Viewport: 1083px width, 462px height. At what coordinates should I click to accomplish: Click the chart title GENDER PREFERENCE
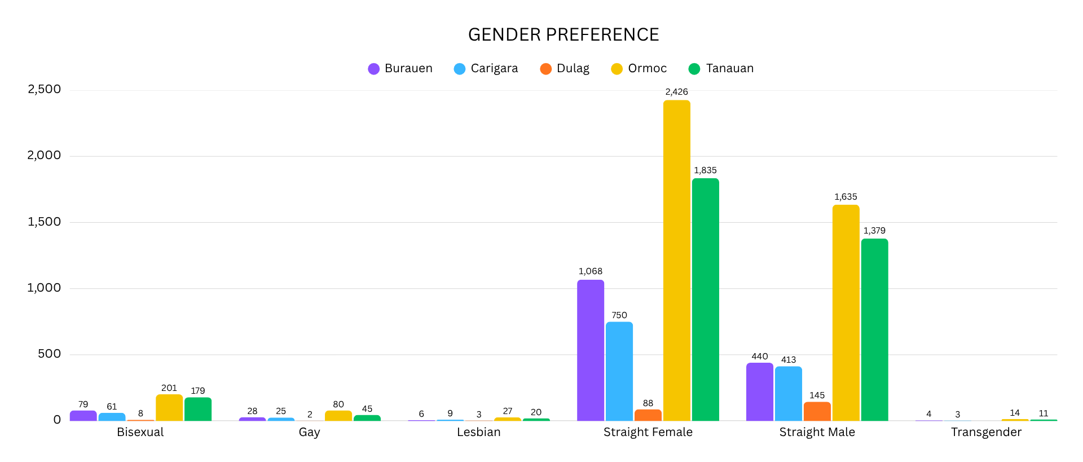pyautogui.click(x=563, y=35)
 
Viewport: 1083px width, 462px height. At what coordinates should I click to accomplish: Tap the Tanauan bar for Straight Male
pyautogui.click(x=874, y=329)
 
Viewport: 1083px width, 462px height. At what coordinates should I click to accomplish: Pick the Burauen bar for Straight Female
pyautogui.click(x=591, y=350)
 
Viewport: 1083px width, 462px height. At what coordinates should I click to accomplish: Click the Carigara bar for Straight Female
pyautogui.click(x=619, y=371)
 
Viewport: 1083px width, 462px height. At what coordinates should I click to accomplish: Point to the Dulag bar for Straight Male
pyautogui.click(x=817, y=411)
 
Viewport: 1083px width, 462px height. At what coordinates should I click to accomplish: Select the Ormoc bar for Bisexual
pyautogui.click(x=169, y=408)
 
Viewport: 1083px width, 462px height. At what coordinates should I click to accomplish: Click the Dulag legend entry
pyautogui.click(x=565, y=69)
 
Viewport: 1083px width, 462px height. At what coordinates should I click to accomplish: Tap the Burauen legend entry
pyautogui.click(x=400, y=69)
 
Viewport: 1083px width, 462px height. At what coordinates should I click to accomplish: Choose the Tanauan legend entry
pyautogui.click(x=721, y=69)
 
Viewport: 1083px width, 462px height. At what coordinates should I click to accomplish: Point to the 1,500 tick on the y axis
pyautogui.click(x=44, y=222)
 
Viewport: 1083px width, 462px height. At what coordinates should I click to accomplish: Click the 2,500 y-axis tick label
pyautogui.click(x=44, y=89)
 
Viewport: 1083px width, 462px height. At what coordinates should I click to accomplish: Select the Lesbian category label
pyautogui.click(x=478, y=432)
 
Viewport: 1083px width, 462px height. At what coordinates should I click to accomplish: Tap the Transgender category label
pyautogui.click(x=986, y=432)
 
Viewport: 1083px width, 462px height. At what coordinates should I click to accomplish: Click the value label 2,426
pyautogui.click(x=676, y=92)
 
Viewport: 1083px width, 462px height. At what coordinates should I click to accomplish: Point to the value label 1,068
pyautogui.click(x=591, y=271)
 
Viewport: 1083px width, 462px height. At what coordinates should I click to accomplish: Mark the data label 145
pyautogui.click(x=817, y=395)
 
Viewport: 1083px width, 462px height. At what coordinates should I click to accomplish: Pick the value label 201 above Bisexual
pyautogui.click(x=169, y=388)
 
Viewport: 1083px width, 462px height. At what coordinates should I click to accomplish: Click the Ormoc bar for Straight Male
pyautogui.click(x=846, y=313)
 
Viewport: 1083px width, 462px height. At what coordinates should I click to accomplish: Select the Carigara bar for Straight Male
pyautogui.click(x=789, y=393)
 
